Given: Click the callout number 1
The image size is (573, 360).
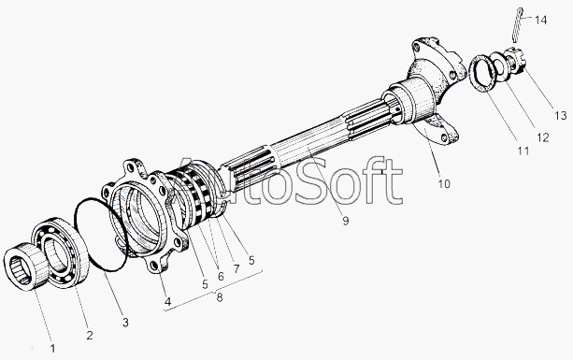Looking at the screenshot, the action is pos(52,348).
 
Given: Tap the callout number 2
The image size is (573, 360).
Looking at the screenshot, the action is pos(90,335).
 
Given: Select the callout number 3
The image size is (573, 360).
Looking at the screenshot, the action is pos(125,323).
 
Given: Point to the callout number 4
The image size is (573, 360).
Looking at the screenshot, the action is pos(167,301).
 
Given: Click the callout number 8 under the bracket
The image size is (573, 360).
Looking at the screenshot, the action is pos(220,297).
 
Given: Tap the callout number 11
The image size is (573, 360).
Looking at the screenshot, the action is pos(523,151).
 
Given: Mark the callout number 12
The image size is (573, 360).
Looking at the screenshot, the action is pos(543,137).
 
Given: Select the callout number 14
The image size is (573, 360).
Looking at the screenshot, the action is pos(541,20).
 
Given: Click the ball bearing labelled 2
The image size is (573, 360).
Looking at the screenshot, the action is pos(61,252).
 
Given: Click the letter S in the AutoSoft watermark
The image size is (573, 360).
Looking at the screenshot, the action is pos(312,180).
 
